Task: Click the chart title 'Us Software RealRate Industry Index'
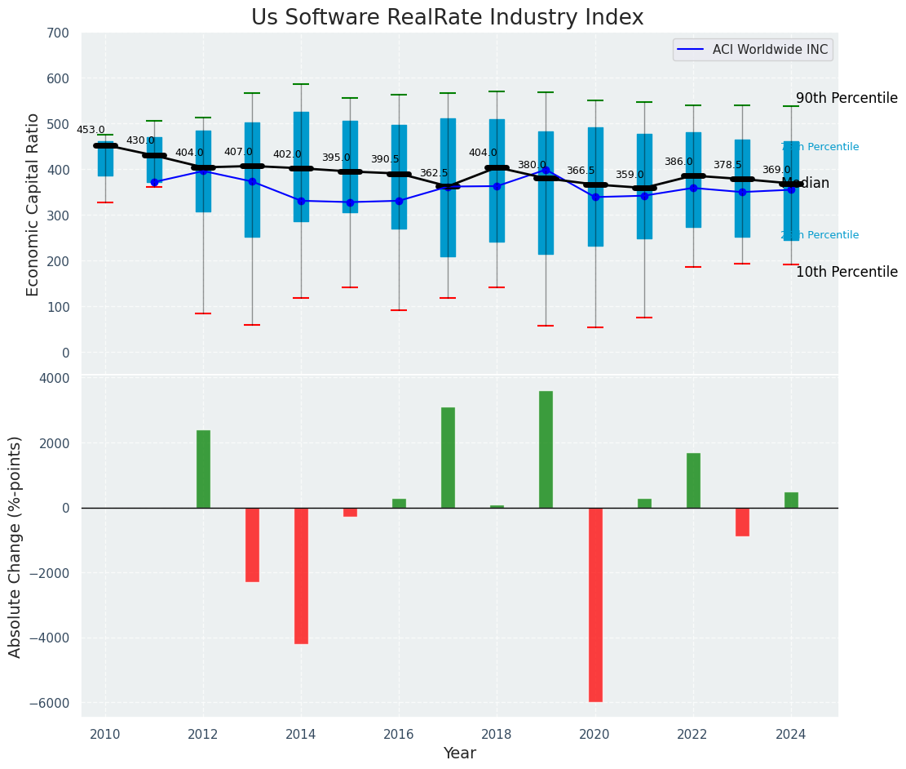447,18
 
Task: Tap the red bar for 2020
595,604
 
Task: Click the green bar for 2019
546,449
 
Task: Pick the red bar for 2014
301,576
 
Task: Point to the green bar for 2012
203,469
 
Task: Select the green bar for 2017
448,457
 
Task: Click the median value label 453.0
91,130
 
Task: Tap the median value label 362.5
434,173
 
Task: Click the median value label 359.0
630,175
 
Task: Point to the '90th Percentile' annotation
846,98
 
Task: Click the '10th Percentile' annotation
846,272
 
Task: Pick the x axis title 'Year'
459,753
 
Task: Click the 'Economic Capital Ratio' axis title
33,204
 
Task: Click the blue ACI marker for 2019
546,171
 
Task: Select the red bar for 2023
742,522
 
